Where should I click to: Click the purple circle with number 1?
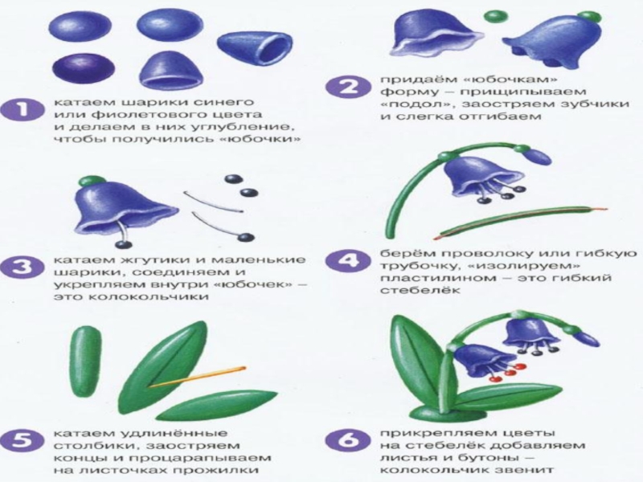coord(23,111)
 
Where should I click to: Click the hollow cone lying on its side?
coord(254,48)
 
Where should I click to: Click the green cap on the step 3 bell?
coord(92,182)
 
